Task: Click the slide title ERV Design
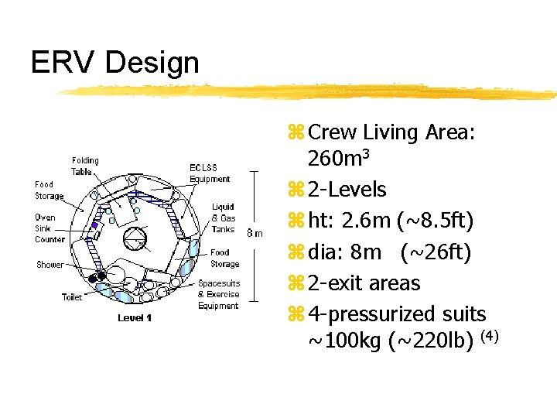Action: click(114, 63)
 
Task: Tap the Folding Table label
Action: click(85, 166)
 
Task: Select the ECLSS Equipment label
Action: click(210, 173)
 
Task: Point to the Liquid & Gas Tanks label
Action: click(223, 218)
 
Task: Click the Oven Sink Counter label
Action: click(50, 228)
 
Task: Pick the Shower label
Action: click(50, 265)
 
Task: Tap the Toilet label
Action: click(72, 297)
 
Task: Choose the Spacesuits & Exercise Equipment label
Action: click(219, 294)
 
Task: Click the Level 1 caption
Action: click(135, 318)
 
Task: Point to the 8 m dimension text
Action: click(255, 232)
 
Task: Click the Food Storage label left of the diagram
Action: click(49, 190)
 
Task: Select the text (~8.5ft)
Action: click(433, 221)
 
